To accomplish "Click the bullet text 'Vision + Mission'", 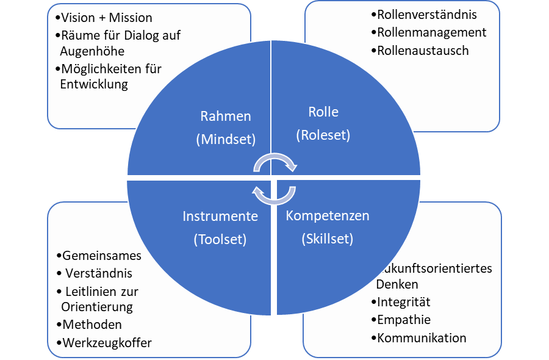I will [107, 18].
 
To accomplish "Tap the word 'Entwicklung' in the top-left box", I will [94, 84].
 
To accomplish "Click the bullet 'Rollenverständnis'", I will [427, 14].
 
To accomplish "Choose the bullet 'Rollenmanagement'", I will [431, 32].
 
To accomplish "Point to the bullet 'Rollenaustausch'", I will [423, 51].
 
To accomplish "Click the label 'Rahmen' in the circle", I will [226, 116].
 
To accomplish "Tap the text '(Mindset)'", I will [225, 139].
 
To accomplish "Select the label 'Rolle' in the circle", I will [323, 112].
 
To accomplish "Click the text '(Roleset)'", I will [323, 135].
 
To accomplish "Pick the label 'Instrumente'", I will [220, 216].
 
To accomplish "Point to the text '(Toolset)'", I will [220, 239].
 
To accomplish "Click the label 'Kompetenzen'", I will [328, 216].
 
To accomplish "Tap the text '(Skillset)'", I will [328, 239].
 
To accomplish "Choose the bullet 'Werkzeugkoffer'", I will [107, 342].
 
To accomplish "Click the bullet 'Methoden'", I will [92, 324].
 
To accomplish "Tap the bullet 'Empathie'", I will [403, 320].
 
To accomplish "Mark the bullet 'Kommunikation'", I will [421, 338].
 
